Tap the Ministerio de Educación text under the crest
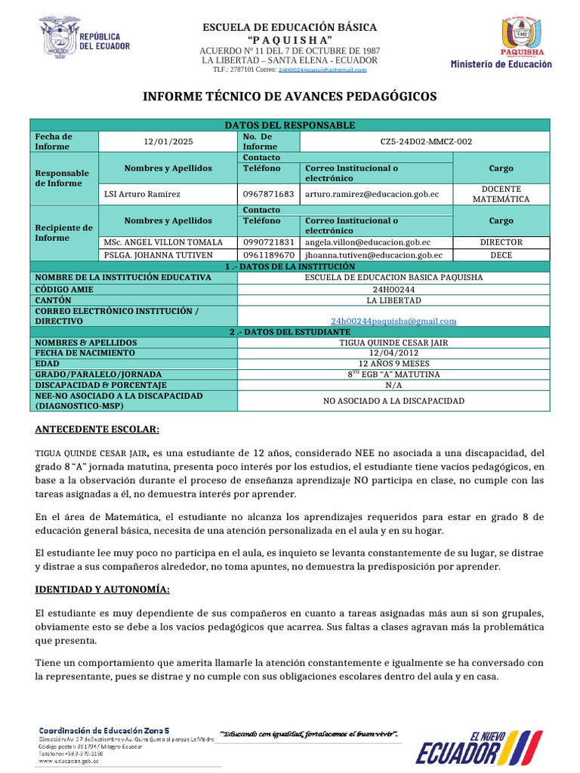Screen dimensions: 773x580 501,65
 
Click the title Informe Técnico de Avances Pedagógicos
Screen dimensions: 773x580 290,97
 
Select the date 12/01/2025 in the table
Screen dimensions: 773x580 168,141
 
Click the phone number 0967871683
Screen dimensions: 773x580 268,194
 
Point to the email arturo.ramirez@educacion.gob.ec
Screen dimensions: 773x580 371,194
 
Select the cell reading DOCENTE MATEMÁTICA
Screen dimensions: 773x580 501,194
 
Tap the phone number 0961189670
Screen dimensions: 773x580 268,255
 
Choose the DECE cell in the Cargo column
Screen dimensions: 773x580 501,255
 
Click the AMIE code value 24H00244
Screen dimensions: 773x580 393,289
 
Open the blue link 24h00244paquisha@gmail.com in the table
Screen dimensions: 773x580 393,321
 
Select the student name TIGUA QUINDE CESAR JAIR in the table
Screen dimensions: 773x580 393,342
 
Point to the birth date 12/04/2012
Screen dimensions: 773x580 393,353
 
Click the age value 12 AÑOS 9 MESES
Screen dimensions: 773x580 393,363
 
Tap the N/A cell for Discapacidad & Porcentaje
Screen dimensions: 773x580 393,384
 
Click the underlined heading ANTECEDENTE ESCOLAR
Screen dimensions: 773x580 97,430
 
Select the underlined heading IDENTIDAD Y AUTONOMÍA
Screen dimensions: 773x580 103,589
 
